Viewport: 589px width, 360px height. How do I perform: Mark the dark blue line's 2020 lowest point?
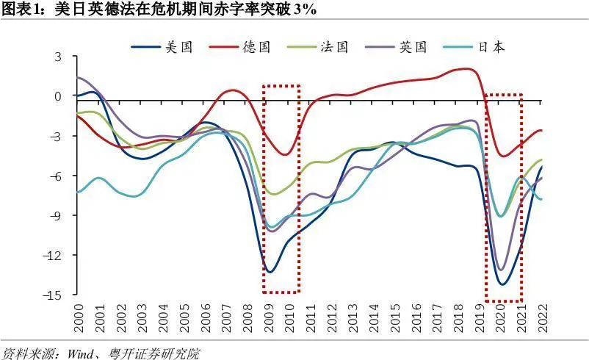tap(503, 284)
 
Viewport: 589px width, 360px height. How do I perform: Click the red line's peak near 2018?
tap(466, 69)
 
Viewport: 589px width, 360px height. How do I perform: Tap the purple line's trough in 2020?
tap(502, 270)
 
